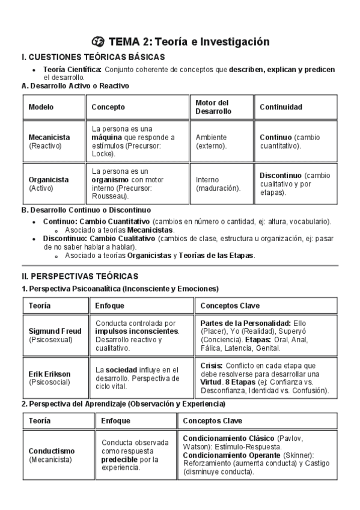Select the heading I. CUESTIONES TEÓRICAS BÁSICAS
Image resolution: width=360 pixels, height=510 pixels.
[93, 57]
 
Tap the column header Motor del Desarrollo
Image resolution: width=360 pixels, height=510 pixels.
[212, 107]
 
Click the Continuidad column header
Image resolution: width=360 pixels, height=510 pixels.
[281, 107]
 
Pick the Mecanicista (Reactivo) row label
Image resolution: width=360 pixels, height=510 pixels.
[49, 141]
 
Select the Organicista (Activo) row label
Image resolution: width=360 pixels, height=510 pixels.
[48, 183]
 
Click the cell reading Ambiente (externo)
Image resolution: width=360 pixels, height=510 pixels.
[212, 141]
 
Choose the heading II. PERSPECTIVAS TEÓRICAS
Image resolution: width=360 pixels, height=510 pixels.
[80, 276]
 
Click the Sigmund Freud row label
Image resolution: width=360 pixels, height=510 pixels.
[53, 331]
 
